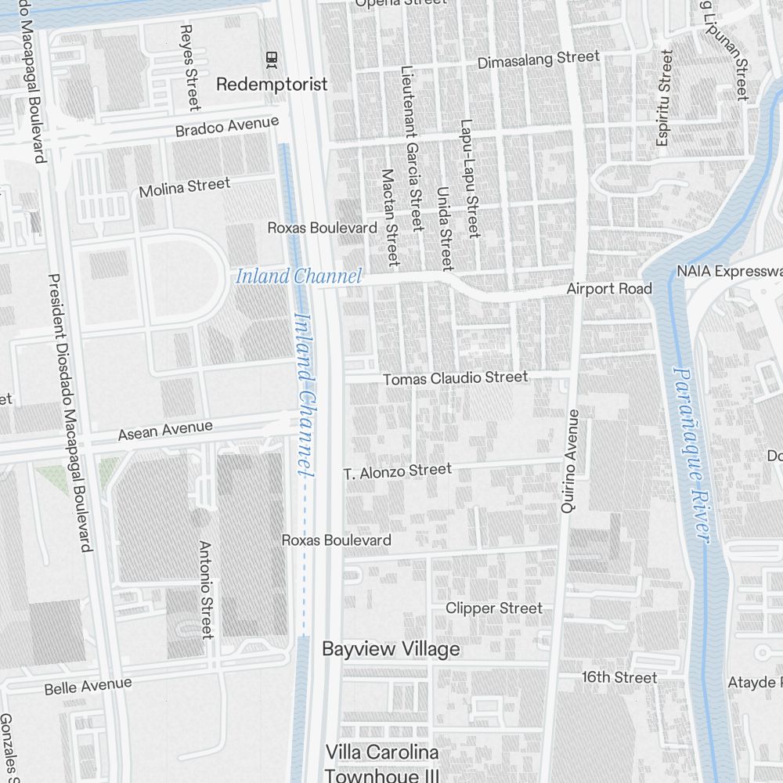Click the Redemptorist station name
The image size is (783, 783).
pyautogui.click(x=272, y=84)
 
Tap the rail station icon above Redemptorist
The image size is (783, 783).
pyautogui.click(x=272, y=57)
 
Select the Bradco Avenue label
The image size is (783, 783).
pyautogui.click(x=227, y=125)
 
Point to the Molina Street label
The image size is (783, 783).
pyautogui.click(x=185, y=188)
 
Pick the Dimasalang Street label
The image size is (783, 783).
pyautogui.click(x=539, y=59)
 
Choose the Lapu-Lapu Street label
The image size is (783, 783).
pyautogui.click(x=470, y=179)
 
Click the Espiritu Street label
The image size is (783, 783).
pyautogui.click(x=664, y=98)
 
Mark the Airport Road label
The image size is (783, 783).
pyautogui.click(x=609, y=289)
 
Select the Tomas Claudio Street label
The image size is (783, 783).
pyautogui.click(x=455, y=378)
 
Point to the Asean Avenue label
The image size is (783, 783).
pyautogui.click(x=165, y=431)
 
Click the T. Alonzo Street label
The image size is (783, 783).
pyautogui.click(x=398, y=471)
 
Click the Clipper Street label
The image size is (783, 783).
pyautogui.click(x=494, y=608)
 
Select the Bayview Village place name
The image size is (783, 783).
pyautogui.click(x=391, y=649)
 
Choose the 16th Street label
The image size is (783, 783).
pyautogui.click(x=619, y=677)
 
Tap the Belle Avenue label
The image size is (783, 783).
pyautogui.click(x=88, y=686)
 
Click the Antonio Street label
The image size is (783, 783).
pyautogui.click(x=206, y=589)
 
